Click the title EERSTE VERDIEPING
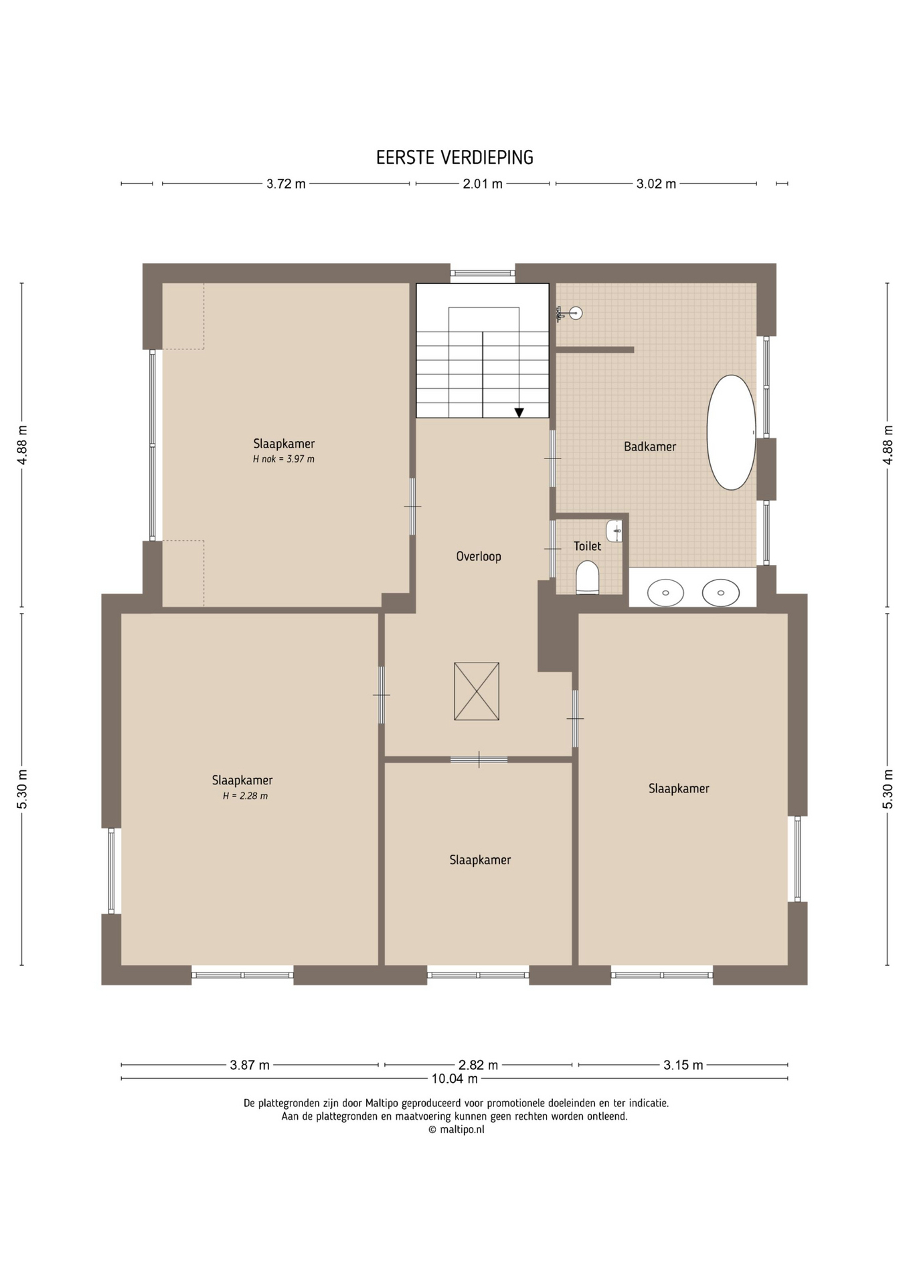[454, 157]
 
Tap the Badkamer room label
[650, 446]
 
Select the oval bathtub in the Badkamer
[732, 432]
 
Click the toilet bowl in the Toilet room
[587, 578]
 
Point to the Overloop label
[479, 556]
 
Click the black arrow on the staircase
[519, 413]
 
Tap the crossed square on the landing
[477, 691]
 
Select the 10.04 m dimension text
[454, 1078]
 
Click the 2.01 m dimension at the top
[483, 183]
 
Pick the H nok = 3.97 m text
[284, 459]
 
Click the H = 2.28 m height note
[245, 796]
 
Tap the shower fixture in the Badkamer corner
[570, 313]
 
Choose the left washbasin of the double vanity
[665, 592]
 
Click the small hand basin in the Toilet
[614, 531]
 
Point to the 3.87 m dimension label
[250, 1065]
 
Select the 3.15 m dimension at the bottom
[683, 1065]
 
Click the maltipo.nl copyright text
[456, 1129]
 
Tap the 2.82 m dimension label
[478, 1065]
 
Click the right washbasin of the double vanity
[721, 592]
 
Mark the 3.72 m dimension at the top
[286, 183]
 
